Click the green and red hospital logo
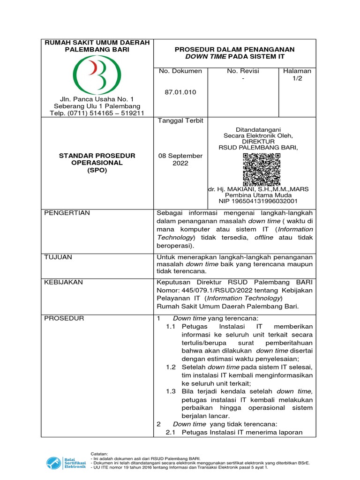pyautogui.click(x=97, y=75)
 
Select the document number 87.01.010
pyautogui.click(x=180, y=92)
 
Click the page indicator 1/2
pyautogui.click(x=298, y=79)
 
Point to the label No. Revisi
pyautogui.click(x=243, y=71)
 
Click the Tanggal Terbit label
pyautogui.click(x=180, y=120)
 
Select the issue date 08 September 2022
pyautogui.click(x=180, y=159)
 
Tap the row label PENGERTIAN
pyautogui.click(x=67, y=213)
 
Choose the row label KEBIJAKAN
pyautogui.click(x=63, y=282)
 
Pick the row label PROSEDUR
pyautogui.click(x=64, y=318)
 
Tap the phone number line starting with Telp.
pyautogui.click(x=97, y=113)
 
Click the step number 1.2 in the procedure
pyautogui.click(x=171, y=367)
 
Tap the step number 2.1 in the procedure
pyautogui.click(x=171, y=432)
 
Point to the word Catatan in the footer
pyautogui.click(x=99, y=454)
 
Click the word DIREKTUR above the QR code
pyautogui.click(x=261, y=141)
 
